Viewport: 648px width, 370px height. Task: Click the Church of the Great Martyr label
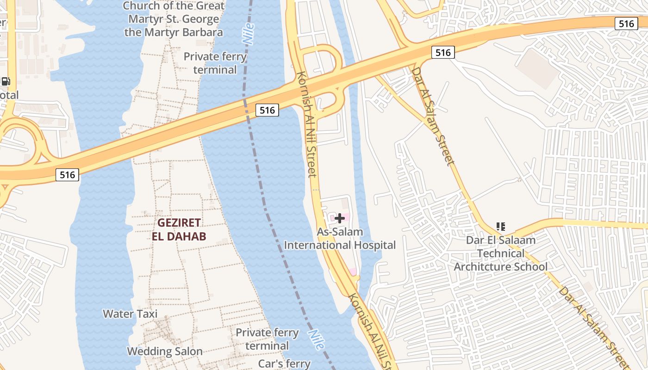[174, 19]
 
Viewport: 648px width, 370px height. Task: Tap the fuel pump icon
[6, 81]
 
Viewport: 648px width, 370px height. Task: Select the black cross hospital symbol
[340, 218]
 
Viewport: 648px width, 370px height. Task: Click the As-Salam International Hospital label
[340, 239]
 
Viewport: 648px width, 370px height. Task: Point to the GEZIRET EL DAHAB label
[179, 229]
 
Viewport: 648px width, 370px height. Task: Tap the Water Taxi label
[130, 314]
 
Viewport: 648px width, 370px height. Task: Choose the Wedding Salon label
[165, 351]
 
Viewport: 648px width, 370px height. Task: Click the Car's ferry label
[284, 364]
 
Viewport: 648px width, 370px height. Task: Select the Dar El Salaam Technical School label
[500, 253]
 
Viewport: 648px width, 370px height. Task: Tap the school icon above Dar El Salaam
[500, 227]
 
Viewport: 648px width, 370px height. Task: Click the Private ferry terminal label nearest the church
[215, 63]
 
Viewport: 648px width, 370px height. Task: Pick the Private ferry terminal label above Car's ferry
[267, 339]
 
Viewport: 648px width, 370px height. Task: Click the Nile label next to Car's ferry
[316, 340]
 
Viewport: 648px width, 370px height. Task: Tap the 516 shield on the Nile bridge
[267, 110]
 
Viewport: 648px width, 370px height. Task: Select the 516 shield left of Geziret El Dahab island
[67, 175]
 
